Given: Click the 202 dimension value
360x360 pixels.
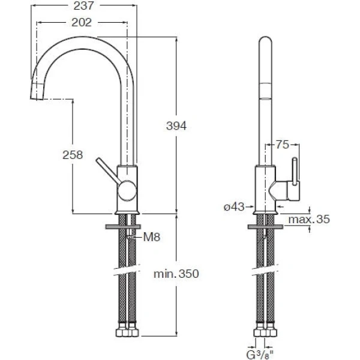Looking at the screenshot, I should [x=82, y=22].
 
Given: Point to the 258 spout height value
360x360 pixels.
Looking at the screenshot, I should [x=73, y=154].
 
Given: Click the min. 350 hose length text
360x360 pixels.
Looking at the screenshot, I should [x=175, y=274].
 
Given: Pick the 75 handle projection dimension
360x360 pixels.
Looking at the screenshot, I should [x=283, y=145].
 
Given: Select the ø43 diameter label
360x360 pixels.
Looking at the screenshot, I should [x=233, y=206].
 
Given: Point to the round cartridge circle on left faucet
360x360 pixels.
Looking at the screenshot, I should [x=127, y=191].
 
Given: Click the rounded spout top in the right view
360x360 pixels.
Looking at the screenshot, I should [x=265, y=45].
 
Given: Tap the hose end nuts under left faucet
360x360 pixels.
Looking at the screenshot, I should [x=127, y=332].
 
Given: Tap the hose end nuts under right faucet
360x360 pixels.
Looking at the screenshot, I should [x=265, y=332].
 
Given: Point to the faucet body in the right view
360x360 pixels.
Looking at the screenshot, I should [x=265, y=189].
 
